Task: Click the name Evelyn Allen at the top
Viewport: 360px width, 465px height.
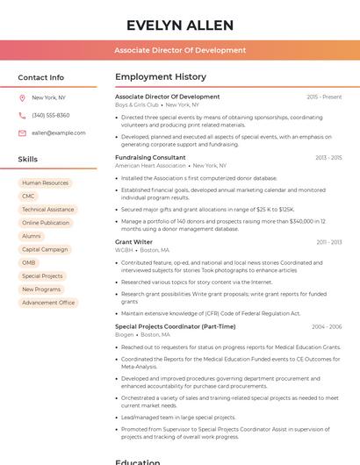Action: tap(179, 25)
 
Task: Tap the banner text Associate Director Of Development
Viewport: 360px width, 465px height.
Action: tap(179, 50)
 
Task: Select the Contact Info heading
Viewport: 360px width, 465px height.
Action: tap(40, 77)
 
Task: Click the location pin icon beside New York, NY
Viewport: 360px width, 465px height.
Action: tap(22, 98)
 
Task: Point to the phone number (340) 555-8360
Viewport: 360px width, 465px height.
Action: tap(50, 115)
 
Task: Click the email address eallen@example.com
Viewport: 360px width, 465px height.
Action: tap(59, 132)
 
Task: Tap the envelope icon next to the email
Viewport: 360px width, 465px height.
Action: tap(22, 132)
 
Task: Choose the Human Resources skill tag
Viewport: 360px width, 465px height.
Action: tap(45, 183)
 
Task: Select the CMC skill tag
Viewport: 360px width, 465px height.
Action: tap(29, 197)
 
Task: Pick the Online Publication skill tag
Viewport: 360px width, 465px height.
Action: tap(46, 223)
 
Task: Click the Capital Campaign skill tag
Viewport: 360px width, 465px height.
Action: tap(45, 249)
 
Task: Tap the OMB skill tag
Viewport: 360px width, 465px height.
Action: tap(29, 262)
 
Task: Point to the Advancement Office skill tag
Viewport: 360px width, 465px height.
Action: tap(48, 303)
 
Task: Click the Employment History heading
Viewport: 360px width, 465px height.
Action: tap(160, 77)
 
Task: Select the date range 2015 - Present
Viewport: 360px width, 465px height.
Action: tap(324, 97)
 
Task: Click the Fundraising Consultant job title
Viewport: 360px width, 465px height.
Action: tap(150, 158)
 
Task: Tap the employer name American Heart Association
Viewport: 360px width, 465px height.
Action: tap(150, 166)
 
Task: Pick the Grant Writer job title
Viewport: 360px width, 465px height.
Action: tap(133, 241)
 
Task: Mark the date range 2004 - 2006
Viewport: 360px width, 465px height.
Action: tap(327, 326)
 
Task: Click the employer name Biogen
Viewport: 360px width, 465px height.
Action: tap(125, 334)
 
